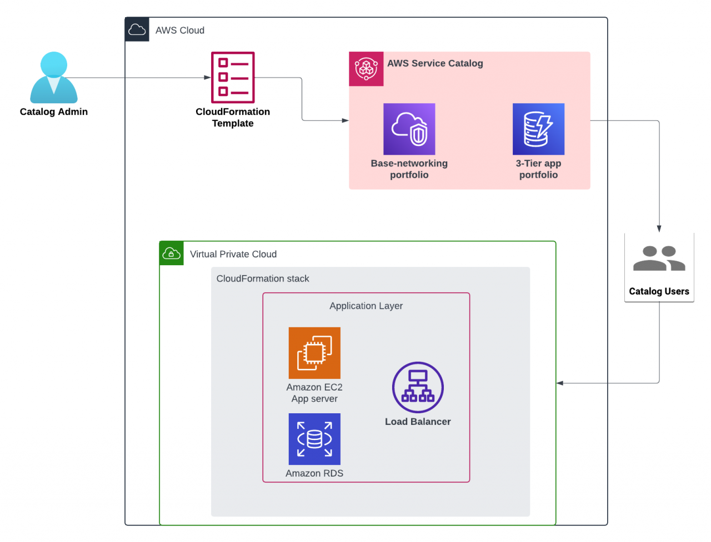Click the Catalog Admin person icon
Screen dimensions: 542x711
point(54,78)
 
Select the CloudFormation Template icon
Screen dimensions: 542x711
point(233,78)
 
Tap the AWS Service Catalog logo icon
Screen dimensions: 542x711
point(366,69)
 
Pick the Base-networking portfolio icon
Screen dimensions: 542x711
point(409,129)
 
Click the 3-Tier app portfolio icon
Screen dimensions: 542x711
point(538,129)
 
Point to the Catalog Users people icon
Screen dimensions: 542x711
point(659,259)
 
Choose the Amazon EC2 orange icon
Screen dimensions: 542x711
point(314,353)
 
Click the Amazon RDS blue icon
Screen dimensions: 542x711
point(314,439)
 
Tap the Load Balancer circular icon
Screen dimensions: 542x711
point(418,387)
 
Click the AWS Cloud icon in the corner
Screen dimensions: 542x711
point(137,30)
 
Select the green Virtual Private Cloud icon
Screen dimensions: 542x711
point(172,254)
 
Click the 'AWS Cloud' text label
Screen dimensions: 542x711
point(180,31)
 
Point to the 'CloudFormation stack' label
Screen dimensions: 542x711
point(263,278)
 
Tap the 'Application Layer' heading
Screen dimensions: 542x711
point(366,306)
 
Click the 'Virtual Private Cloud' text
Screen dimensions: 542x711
point(233,254)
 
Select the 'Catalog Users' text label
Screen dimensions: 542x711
point(659,291)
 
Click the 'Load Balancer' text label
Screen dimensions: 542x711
point(418,422)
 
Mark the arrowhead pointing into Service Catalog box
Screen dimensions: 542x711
point(345,120)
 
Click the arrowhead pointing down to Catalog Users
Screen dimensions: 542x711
point(659,229)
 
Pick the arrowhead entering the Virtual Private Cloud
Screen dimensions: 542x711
point(560,383)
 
